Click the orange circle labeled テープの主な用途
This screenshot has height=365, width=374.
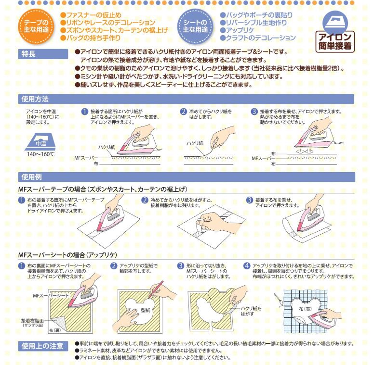(x=36, y=26)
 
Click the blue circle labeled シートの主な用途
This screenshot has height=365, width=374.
(x=195, y=26)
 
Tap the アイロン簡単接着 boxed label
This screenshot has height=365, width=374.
(x=335, y=42)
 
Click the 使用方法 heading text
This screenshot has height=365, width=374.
(x=35, y=99)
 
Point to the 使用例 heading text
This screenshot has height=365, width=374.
(x=31, y=177)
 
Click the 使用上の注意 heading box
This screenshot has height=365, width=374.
(x=43, y=346)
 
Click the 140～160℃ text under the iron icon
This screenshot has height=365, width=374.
(x=41, y=154)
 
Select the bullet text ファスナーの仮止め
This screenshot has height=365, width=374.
(x=91, y=15)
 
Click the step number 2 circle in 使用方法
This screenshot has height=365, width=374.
(x=183, y=112)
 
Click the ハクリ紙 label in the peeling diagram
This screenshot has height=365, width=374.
(x=195, y=143)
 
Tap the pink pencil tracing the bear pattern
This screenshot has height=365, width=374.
(x=156, y=289)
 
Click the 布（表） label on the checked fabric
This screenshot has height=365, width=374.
(x=305, y=309)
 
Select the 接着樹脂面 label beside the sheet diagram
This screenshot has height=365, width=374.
(x=32, y=320)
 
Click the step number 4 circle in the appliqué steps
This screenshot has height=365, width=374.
(x=246, y=265)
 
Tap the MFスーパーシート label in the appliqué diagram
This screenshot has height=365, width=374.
(x=51, y=296)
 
